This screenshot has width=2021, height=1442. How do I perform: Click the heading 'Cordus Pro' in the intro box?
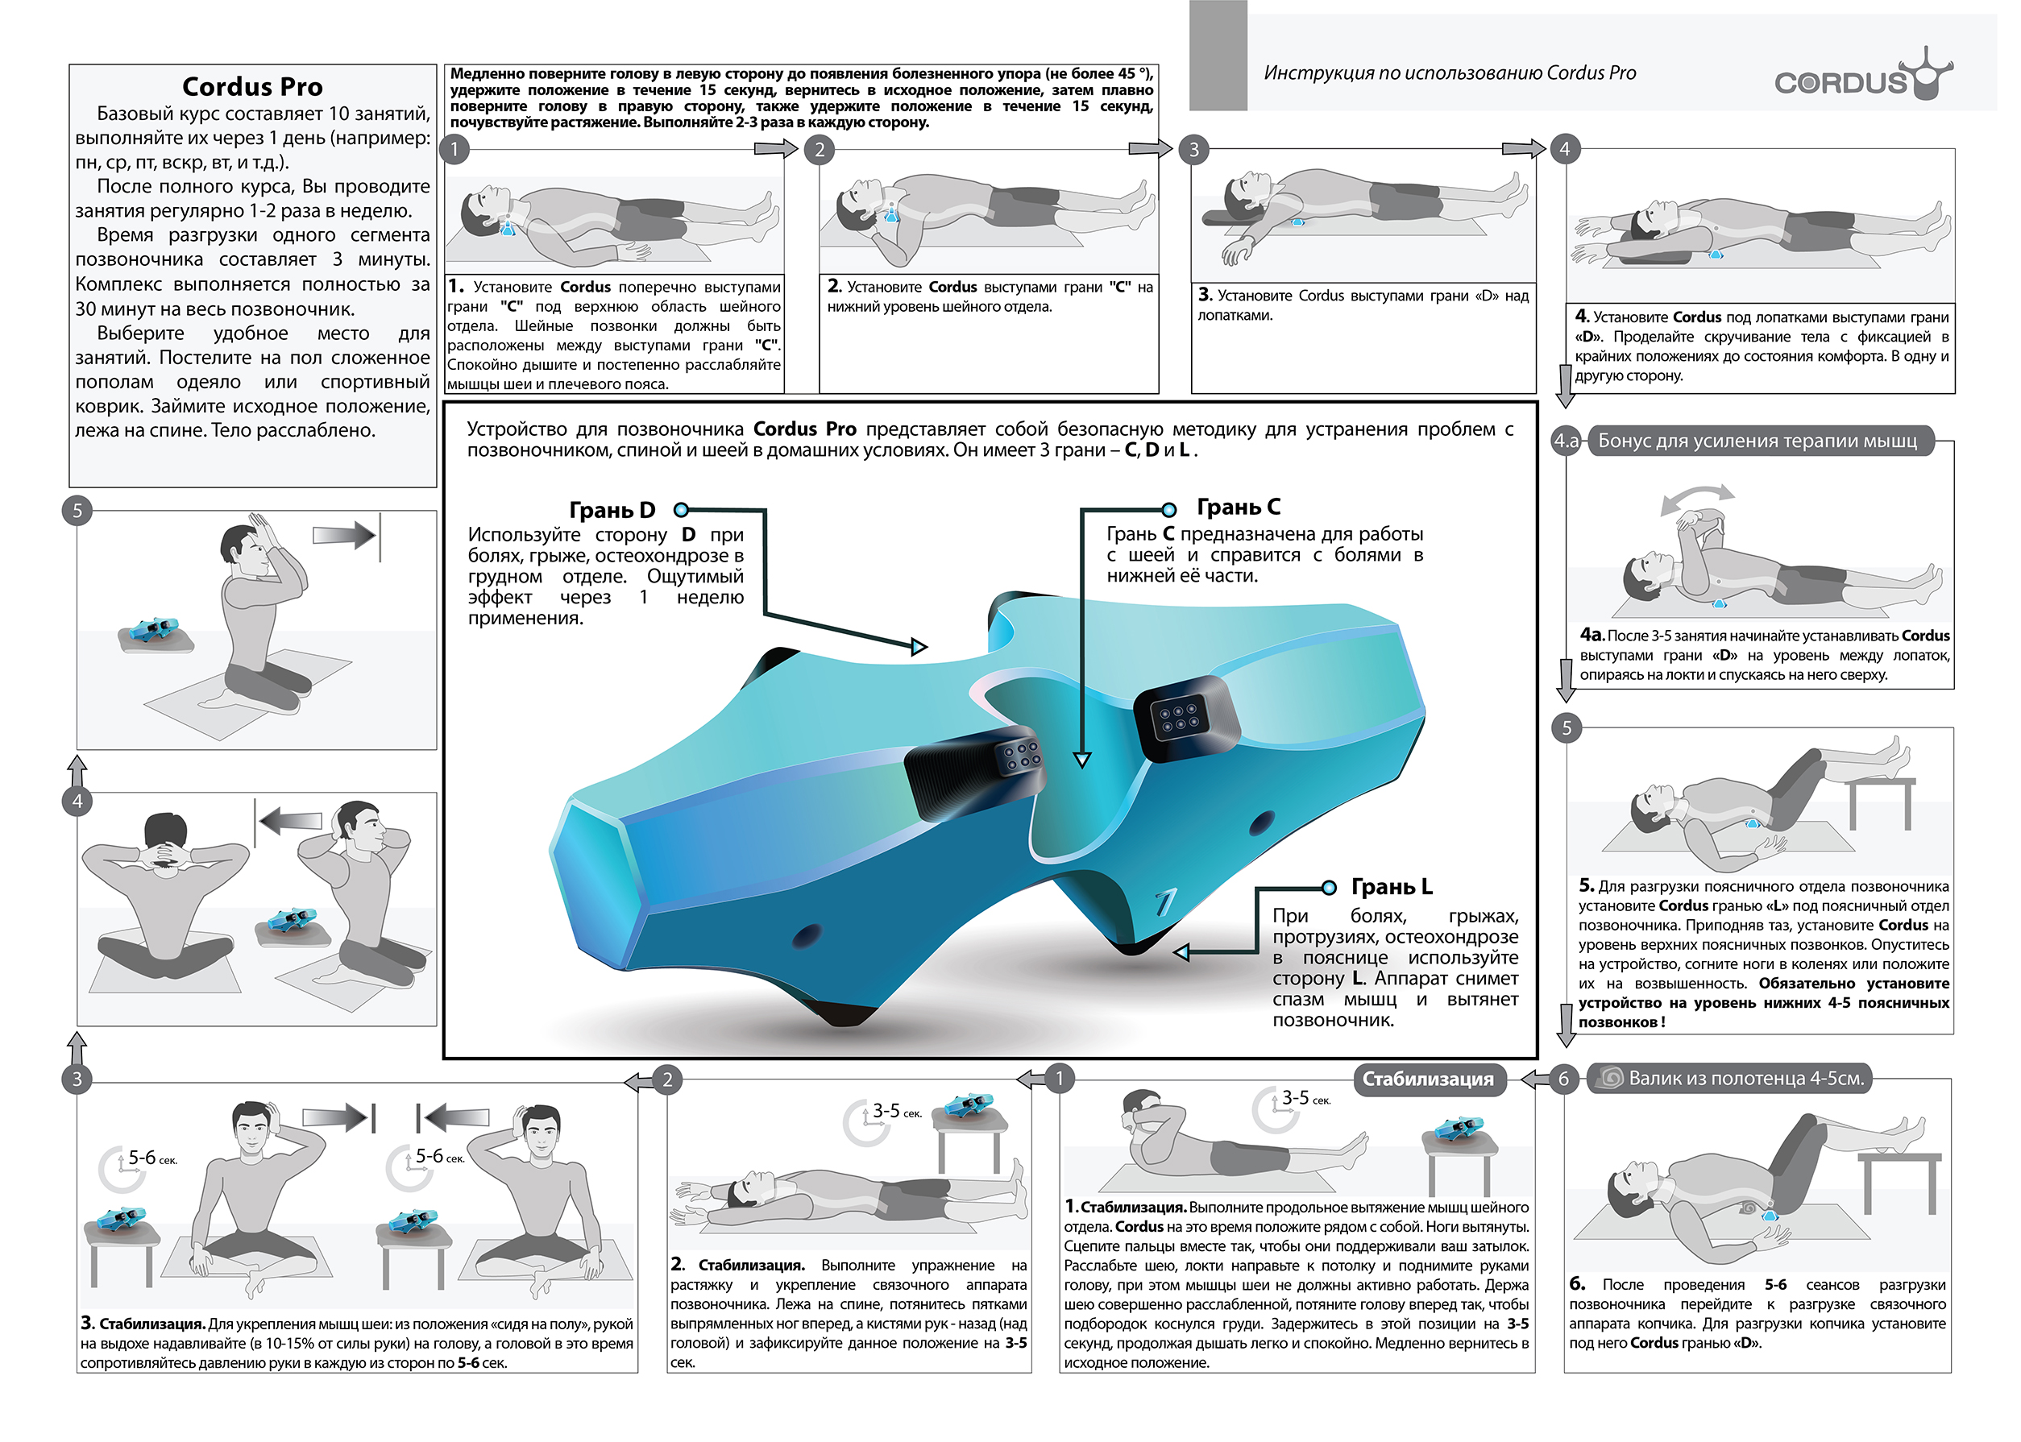252,86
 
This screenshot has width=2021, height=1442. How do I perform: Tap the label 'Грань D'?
612,511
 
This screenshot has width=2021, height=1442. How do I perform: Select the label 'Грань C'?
1238,507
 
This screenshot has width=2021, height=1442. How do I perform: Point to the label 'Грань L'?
1392,886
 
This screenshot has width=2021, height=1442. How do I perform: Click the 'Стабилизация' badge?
1428,1079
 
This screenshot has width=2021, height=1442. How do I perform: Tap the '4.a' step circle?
1567,441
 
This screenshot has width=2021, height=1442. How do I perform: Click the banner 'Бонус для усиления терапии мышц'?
1757,441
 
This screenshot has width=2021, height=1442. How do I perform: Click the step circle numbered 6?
1564,1079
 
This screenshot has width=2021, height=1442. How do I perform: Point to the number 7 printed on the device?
1165,903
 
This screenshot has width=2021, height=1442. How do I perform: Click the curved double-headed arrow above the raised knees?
1696,497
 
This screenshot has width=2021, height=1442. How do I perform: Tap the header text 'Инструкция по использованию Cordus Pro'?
1449,73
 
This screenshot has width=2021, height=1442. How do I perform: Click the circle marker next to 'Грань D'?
681,510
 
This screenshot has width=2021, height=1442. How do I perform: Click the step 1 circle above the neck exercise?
454,149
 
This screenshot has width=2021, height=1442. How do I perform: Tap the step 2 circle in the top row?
820,149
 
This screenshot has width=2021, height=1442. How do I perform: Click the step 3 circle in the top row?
1193,149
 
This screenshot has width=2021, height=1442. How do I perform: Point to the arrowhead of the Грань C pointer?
1081,759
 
